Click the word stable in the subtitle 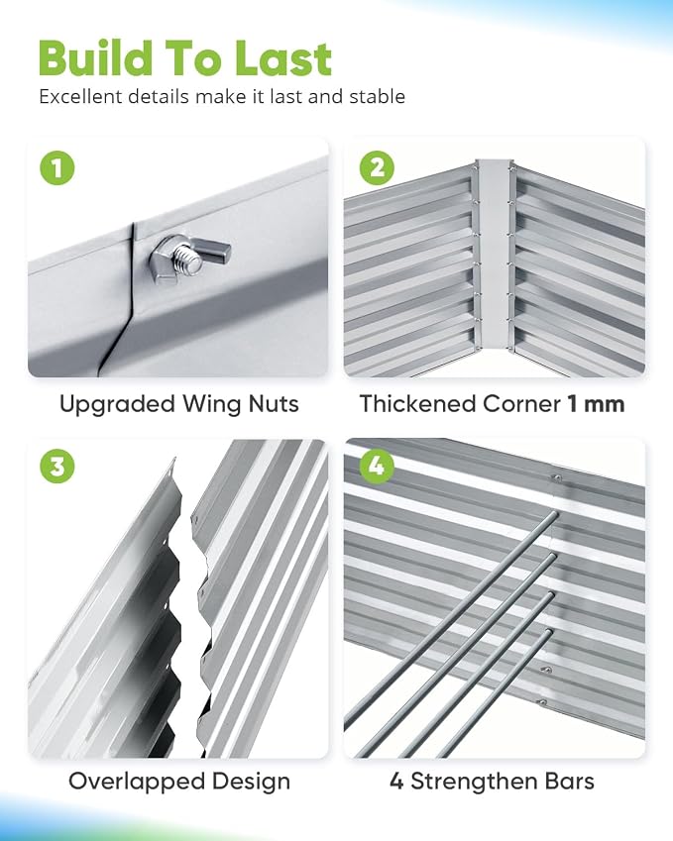(378, 96)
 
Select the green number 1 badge (56, 167)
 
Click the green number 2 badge (377, 167)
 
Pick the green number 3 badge (56, 466)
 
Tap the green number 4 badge (377, 466)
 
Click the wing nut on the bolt (190, 257)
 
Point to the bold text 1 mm (597, 404)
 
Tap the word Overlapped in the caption (137, 783)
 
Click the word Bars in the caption (569, 782)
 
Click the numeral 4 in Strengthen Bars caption (396, 782)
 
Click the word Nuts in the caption (274, 404)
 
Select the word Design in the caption (251, 783)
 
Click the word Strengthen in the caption (474, 783)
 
